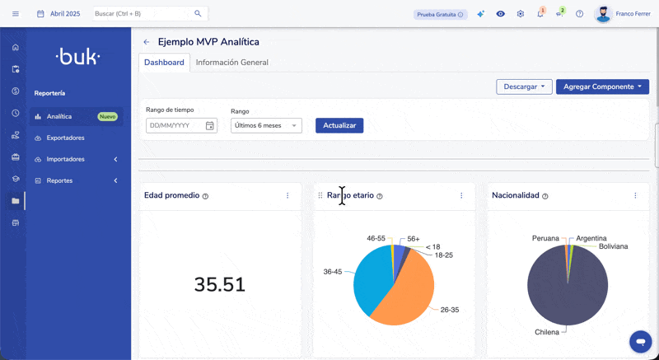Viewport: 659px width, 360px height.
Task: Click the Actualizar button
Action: click(339, 125)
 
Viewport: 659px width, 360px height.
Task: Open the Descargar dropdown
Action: click(524, 86)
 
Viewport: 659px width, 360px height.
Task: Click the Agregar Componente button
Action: click(602, 86)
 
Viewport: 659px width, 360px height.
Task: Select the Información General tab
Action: click(231, 63)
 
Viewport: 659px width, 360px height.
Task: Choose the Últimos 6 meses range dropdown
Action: click(266, 125)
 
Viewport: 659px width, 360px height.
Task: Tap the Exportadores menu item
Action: click(65, 138)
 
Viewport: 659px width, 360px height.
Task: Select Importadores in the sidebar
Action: click(65, 159)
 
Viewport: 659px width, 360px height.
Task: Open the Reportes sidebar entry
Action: click(59, 180)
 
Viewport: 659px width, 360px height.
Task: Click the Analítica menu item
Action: click(59, 116)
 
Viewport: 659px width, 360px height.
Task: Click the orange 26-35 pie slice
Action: click(408, 288)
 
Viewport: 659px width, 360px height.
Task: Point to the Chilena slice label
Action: click(546, 332)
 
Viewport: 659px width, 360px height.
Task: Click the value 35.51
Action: click(220, 285)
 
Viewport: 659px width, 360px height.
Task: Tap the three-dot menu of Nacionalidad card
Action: click(635, 196)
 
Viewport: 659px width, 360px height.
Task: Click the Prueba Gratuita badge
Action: click(440, 14)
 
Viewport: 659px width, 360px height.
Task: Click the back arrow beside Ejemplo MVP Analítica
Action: click(147, 42)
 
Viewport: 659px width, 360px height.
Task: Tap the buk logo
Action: click(77, 57)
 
